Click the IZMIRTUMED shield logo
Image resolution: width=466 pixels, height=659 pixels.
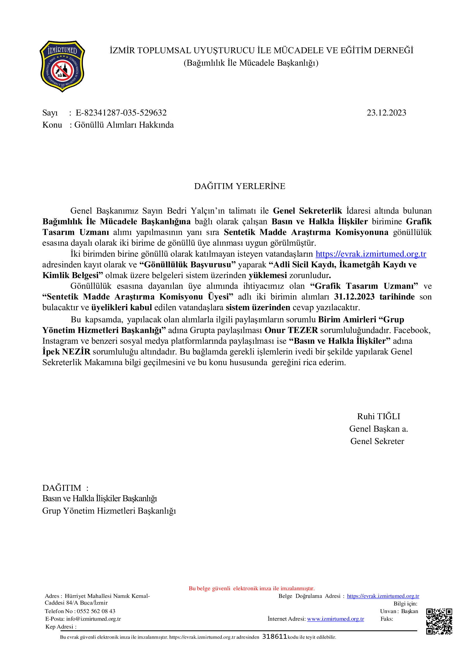click(62, 66)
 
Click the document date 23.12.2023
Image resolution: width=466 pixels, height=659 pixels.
click(386, 113)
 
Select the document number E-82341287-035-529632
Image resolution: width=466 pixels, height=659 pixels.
click(121, 113)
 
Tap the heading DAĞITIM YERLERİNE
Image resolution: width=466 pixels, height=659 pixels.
click(239, 186)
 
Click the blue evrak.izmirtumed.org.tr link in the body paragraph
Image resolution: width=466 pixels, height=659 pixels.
click(371, 254)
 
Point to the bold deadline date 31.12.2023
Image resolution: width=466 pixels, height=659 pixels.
click(354, 297)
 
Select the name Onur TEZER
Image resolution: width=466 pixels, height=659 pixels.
click(291, 330)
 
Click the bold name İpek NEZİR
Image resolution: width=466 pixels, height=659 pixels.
click(66, 352)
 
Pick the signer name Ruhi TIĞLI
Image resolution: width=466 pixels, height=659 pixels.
click(378, 416)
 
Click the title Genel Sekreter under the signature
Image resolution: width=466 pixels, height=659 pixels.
click(377, 441)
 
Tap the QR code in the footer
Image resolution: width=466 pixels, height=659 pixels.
click(439, 622)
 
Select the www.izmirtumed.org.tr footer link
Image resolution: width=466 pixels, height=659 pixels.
click(336, 619)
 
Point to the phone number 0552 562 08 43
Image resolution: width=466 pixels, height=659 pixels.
click(96, 611)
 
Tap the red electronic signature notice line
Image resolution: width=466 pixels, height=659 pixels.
click(252, 588)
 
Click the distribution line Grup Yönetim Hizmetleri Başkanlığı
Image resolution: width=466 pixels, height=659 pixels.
click(109, 511)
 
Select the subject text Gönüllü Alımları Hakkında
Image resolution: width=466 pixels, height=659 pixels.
click(124, 125)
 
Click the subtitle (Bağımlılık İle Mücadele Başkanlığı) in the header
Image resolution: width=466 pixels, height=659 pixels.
click(251, 63)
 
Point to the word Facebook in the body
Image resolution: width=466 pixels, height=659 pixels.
click(412, 330)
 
